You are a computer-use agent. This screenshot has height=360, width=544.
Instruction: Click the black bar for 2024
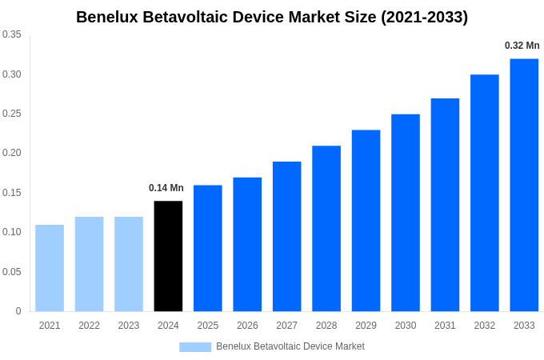click(168, 256)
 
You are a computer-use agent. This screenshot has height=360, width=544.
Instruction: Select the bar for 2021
click(50, 268)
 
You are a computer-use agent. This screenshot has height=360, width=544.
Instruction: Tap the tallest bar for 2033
click(524, 185)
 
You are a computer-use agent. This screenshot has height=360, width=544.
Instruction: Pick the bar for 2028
click(326, 229)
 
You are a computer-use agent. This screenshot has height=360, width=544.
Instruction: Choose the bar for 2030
click(406, 213)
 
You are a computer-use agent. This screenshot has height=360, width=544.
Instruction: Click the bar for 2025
click(208, 248)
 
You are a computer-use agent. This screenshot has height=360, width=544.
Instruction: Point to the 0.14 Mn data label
click(166, 188)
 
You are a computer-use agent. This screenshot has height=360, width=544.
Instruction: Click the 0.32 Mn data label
click(522, 46)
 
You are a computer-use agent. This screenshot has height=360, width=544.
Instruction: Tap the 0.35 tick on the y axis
click(12, 34)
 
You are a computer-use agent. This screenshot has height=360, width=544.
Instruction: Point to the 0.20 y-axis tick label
click(12, 153)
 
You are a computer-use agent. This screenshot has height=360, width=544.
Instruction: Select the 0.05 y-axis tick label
click(12, 272)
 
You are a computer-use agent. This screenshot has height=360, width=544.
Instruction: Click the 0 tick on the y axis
click(18, 311)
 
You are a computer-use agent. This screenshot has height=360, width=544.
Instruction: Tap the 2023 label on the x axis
click(129, 326)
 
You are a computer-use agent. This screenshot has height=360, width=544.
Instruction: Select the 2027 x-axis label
click(286, 326)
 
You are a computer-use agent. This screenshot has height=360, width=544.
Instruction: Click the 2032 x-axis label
click(484, 326)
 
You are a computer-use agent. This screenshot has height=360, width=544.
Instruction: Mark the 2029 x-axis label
click(366, 326)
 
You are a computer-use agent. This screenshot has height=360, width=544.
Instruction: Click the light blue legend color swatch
click(195, 347)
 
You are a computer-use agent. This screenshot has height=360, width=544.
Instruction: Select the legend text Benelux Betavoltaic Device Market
click(290, 346)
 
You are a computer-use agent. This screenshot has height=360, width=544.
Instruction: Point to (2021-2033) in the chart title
click(425, 17)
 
